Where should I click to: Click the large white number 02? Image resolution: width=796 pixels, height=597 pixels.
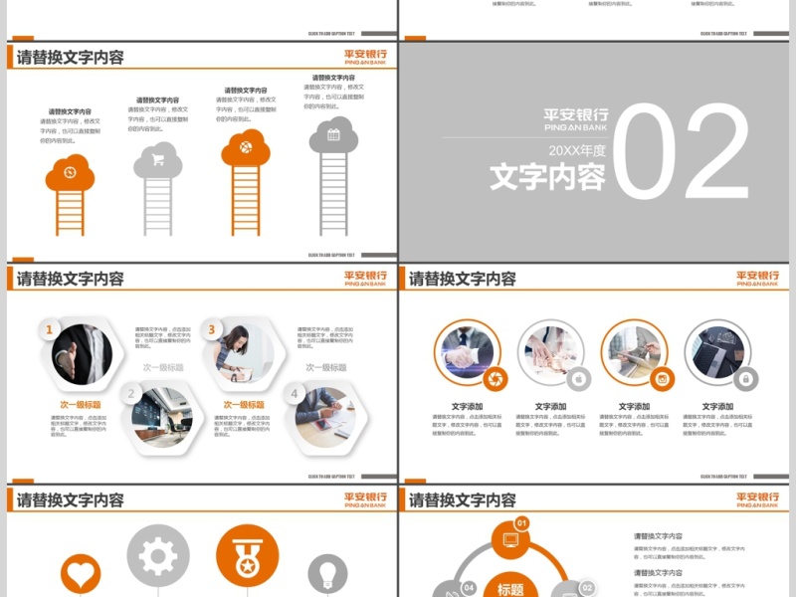tap(682, 155)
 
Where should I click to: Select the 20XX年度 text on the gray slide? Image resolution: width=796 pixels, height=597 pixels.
tap(577, 151)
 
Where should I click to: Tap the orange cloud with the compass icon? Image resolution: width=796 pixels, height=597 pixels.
tap(70, 173)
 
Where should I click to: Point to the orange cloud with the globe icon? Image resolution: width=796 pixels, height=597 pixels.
tap(246, 148)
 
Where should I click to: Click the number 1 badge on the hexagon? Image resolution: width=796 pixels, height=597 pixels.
tap(50, 330)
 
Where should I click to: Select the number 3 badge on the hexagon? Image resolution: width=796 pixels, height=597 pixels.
tap(211, 329)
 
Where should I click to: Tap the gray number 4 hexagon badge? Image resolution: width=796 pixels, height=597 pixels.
tap(294, 394)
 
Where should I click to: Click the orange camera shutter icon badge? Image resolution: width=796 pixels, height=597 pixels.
tap(497, 378)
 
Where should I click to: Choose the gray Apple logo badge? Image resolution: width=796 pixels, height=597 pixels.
tap(579, 378)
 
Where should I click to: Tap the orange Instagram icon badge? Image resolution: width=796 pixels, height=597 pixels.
tap(663, 378)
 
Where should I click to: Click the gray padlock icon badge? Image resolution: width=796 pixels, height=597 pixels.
tap(746, 378)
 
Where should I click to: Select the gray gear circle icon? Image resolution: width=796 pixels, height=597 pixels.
tap(157, 555)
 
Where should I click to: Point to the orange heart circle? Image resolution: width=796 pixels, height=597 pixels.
tap(81, 574)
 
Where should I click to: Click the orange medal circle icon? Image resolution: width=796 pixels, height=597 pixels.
tap(247, 555)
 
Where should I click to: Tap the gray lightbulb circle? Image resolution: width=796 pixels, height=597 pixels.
tap(327, 574)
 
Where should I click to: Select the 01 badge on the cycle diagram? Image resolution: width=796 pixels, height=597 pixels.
tap(520, 523)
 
